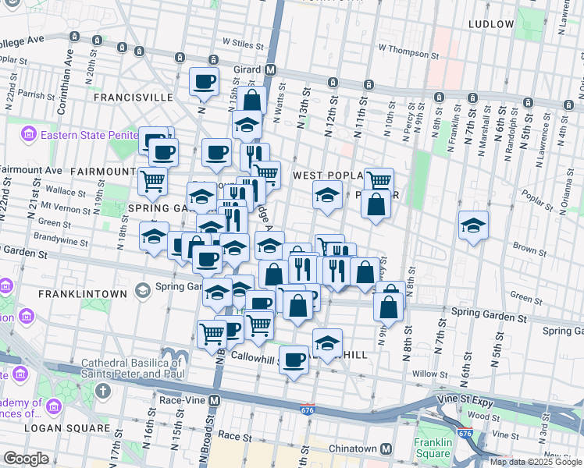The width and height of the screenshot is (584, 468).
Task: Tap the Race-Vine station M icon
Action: click(214, 400)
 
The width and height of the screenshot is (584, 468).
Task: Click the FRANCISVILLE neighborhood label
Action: click(133, 97)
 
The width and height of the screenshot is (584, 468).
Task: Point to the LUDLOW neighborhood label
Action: click(491, 24)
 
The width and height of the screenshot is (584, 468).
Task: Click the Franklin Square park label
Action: click(433, 448)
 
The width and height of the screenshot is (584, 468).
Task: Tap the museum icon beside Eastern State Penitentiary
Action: click(29, 134)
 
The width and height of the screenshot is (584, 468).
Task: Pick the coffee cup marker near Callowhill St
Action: click(294, 360)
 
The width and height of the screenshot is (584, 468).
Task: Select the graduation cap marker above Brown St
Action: click(473, 225)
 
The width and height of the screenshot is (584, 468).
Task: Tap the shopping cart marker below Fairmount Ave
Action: click(152, 181)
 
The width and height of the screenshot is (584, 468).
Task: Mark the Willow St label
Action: click(432, 374)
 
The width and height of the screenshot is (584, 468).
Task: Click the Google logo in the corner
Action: click(26, 459)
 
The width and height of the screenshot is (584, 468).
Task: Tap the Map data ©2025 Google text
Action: click(535, 462)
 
